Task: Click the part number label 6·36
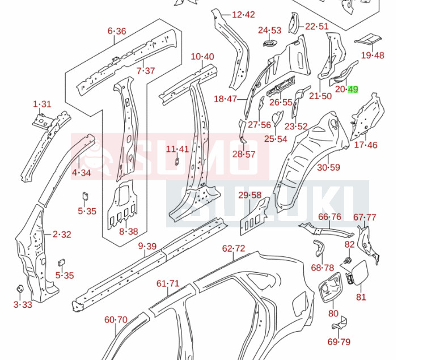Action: click(117, 31)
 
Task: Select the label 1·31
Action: click(42, 104)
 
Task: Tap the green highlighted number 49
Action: click(353, 89)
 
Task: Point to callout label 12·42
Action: click(243, 15)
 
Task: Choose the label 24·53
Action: click(269, 30)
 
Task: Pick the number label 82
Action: click(349, 244)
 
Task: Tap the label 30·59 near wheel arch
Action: click(328, 167)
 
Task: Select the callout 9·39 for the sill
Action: click(147, 245)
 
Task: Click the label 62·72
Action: click(233, 248)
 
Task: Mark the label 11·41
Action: click(177, 149)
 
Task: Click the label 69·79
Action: click(339, 341)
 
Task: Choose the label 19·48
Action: click(373, 55)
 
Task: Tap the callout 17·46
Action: click(365, 145)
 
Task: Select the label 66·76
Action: click(329, 217)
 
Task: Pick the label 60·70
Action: click(116, 320)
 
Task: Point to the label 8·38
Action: click(129, 231)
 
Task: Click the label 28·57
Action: click(244, 154)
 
